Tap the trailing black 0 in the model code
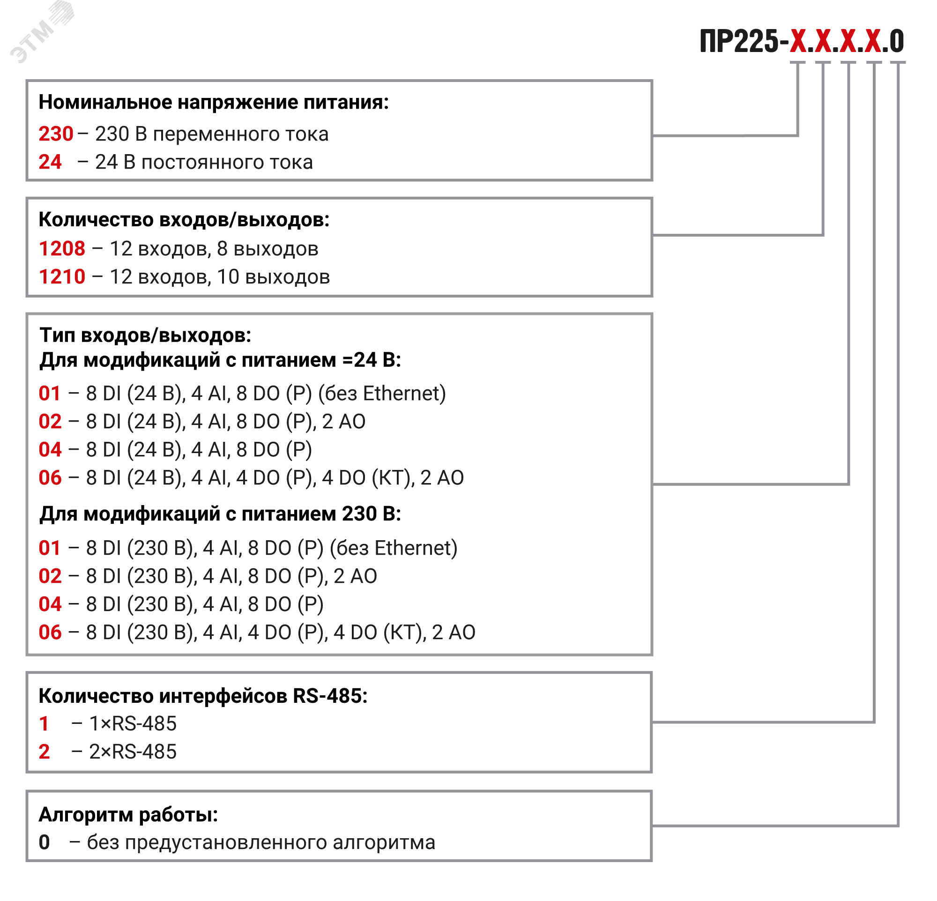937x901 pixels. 897,42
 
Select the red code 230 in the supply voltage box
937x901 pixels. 56,134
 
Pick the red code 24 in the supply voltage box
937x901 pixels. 50,163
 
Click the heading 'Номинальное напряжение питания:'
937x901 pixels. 214,102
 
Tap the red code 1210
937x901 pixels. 62,277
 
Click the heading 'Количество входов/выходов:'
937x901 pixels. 184,220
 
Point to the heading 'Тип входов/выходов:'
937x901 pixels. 145,335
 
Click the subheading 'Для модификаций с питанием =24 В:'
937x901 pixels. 220,360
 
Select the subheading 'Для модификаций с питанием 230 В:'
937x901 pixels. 220,514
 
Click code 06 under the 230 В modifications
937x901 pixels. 50,633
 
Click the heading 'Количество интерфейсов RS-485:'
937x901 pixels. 203,696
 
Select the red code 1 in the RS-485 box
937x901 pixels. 44,724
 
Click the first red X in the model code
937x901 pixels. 798,42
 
